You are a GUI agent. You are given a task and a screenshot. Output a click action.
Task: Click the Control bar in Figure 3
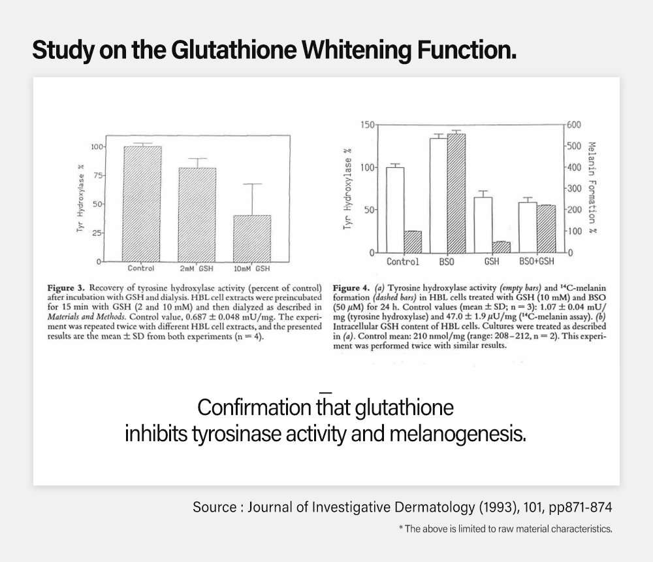[142, 204]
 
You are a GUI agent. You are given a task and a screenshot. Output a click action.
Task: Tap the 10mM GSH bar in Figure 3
[252, 239]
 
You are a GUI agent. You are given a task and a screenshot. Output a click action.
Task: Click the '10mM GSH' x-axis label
[252, 269]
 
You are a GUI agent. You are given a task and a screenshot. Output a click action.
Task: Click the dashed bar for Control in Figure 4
[413, 242]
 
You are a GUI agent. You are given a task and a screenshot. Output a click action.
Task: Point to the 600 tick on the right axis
[573, 125]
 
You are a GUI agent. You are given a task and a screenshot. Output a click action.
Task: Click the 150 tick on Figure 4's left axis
[369, 125]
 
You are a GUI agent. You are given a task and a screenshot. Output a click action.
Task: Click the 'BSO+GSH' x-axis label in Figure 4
[537, 263]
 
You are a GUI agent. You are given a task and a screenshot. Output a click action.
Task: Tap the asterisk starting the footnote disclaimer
[400, 529]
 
